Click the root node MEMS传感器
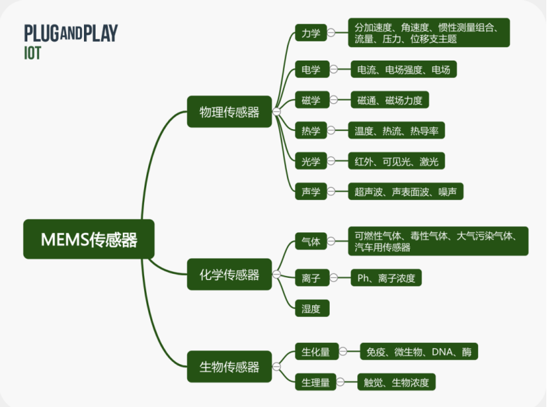click(x=89, y=239)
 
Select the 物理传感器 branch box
click(x=229, y=112)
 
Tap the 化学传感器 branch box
click(x=229, y=275)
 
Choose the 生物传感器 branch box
click(x=229, y=367)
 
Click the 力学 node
click(x=311, y=32)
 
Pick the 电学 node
click(x=311, y=69)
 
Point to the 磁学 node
click(x=311, y=100)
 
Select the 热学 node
click(x=311, y=130)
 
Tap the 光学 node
click(x=311, y=161)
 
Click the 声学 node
click(x=311, y=191)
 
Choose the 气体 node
click(x=311, y=241)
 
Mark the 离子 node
click(x=311, y=277)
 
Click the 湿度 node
click(x=311, y=309)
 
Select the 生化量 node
click(x=315, y=352)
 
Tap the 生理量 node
click(x=315, y=382)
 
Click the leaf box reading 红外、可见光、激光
click(x=396, y=161)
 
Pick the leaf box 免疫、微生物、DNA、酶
click(x=419, y=352)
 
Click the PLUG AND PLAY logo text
click(x=71, y=33)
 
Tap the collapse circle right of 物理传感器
click(x=277, y=112)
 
